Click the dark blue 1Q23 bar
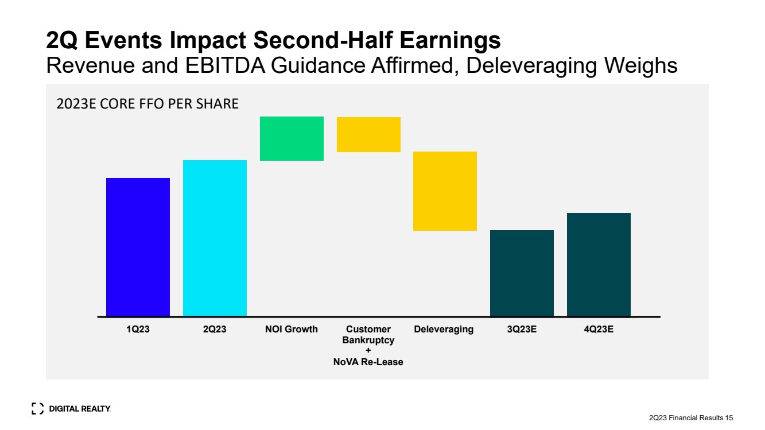[x=138, y=247]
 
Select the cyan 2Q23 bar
[x=215, y=238]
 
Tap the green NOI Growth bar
[x=292, y=138]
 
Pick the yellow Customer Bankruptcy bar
[x=368, y=134]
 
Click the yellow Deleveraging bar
[x=445, y=191]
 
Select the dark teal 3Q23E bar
[x=522, y=273]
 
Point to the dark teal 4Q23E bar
[x=599, y=265]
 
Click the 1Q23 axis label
[x=138, y=330]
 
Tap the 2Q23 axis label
[x=215, y=330]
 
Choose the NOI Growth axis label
[x=292, y=330]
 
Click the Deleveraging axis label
[x=444, y=330]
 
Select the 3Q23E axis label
[x=522, y=330]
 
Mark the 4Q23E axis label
[x=599, y=330]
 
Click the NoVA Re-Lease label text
[x=368, y=362]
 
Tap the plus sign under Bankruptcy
[x=368, y=351]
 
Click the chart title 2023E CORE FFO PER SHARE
[x=147, y=104]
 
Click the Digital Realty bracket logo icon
[x=38, y=409]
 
